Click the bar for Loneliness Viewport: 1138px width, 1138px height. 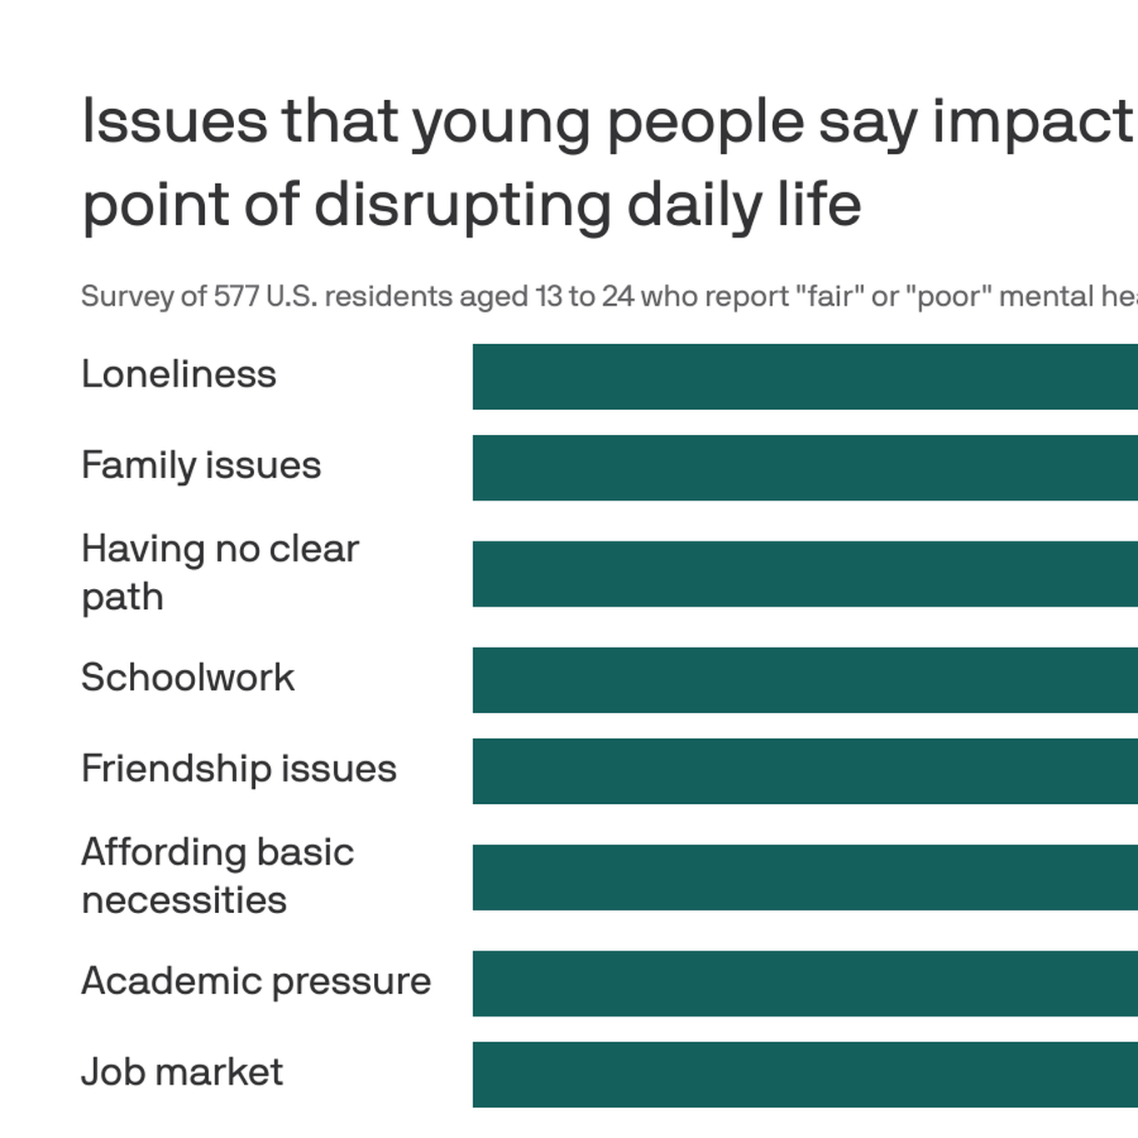pyautogui.click(x=805, y=377)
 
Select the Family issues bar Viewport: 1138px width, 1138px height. pyautogui.click(x=805, y=467)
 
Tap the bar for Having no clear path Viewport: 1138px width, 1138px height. pyautogui.click(x=805, y=574)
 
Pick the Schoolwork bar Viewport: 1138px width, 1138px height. pyautogui.click(x=805, y=680)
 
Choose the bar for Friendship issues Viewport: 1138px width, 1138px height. pyautogui.click(x=805, y=771)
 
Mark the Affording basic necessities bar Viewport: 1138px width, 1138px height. pyautogui.click(x=805, y=877)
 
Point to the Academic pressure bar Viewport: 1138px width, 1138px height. pyautogui.click(x=805, y=983)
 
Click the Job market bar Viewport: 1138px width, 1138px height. pyautogui.click(x=805, y=1074)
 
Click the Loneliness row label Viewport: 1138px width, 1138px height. pyautogui.click(x=178, y=374)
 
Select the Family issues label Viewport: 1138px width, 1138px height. pyautogui.click(x=201, y=465)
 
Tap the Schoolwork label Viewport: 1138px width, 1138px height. pyautogui.click(x=187, y=677)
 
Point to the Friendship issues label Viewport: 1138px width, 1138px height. pyautogui.click(x=238, y=768)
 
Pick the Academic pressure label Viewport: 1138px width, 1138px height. pyautogui.click(x=256, y=981)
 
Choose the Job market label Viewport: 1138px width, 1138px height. pyautogui.click(x=182, y=1071)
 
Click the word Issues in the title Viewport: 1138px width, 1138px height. pyautogui.click(x=174, y=122)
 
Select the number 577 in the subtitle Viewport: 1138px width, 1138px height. pyautogui.click(x=236, y=297)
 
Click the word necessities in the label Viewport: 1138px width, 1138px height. pyautogui.click(x=184, y=901)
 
